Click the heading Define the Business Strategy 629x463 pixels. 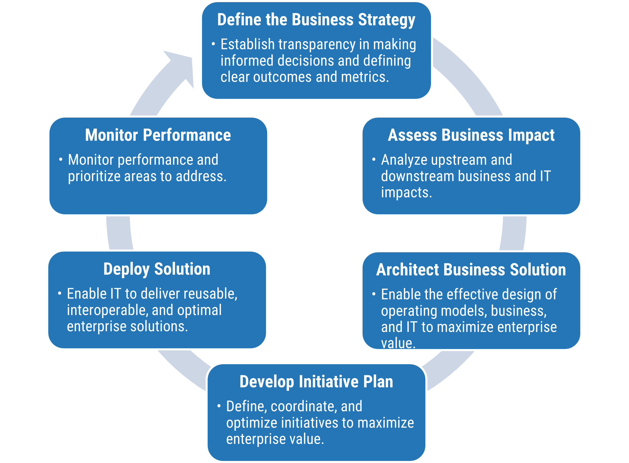[316, 20]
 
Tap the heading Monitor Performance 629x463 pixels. [158, 135]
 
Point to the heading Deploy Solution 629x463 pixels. [157, 269]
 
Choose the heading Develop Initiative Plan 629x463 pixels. [316, 382]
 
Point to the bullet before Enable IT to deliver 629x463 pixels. [60, 293]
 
